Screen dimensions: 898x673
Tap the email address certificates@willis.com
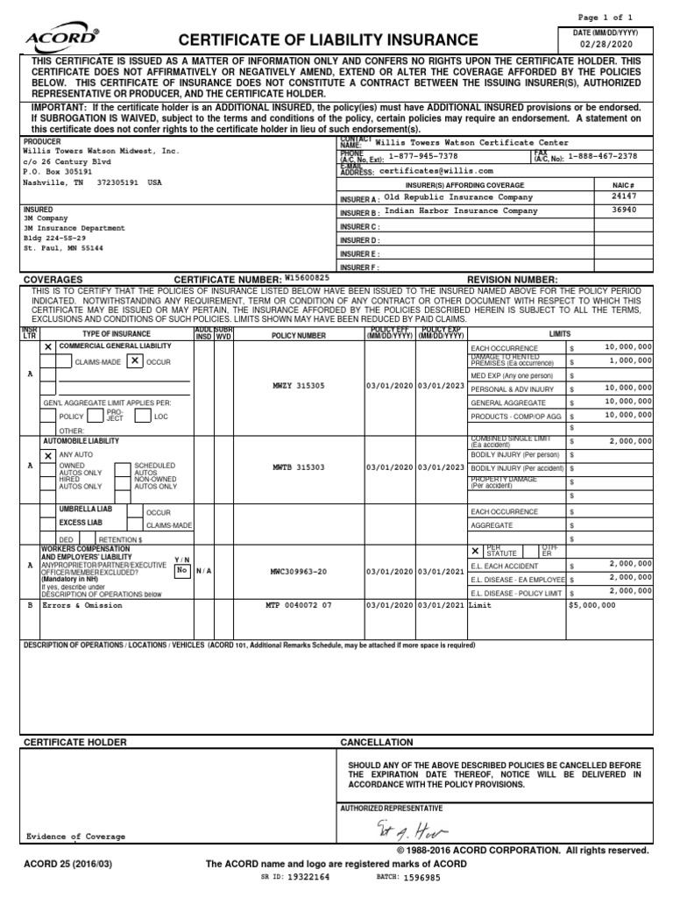(x=436, y=171)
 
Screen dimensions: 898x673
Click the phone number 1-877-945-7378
(x=422, y=156)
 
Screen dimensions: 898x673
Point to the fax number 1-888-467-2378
(x=603, y=156)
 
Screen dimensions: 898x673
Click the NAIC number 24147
(x=624, y=197)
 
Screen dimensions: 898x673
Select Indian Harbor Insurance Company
(x=460, y=211)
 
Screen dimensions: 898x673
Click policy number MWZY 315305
(x=298, y=386)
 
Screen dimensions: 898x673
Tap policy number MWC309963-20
(x=298, y=571)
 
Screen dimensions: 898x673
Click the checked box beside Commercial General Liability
(x=48, y=347)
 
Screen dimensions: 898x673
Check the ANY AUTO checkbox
(x=48, y=455)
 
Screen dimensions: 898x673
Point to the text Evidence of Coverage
(x=75, y=837)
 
